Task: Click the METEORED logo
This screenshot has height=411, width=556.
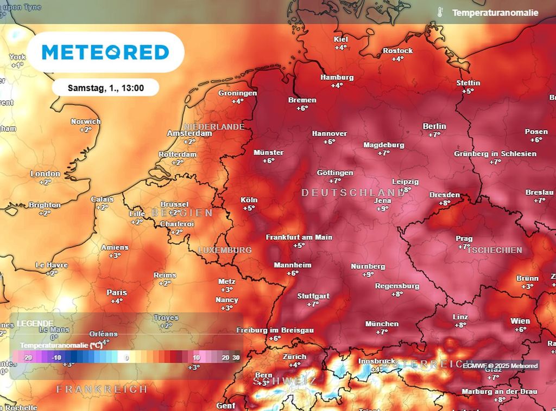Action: pos(105,52)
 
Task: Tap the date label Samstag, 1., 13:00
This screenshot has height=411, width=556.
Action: pos(106,87)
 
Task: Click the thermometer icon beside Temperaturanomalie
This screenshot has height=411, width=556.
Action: pos(440,12)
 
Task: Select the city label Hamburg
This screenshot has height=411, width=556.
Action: pos(337,78)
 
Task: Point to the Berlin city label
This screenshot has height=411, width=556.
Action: pos(434,126)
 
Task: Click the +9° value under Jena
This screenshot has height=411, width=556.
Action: pos(383,209)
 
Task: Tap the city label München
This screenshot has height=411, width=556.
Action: pos(382,324)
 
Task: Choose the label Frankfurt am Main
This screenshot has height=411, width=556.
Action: pos(299,237)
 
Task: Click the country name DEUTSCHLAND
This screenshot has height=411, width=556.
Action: pos(353,193)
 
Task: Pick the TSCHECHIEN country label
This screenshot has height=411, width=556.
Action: pos(495,250)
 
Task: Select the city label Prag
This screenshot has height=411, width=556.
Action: pos(464,239)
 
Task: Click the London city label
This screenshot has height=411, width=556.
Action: pos(45,174)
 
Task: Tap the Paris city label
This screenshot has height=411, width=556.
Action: pos(117,293)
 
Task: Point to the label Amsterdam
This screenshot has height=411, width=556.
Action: pos(189,133)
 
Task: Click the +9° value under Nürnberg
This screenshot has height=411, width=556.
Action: pos(368,274)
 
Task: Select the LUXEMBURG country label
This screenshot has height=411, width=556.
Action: pos(225,250)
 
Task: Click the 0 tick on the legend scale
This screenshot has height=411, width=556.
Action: pos(127,358)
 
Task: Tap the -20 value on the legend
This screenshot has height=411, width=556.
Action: pos(28,358)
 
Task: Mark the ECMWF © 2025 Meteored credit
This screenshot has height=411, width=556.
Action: pos(500,365)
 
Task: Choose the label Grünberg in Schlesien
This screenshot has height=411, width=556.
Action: pos(495,154)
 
